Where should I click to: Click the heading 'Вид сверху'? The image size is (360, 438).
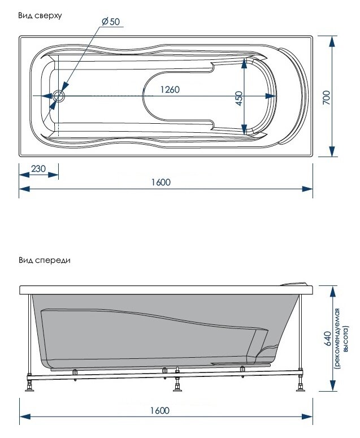[x=40, y=16]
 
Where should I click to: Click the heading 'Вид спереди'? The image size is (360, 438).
[x=45, y=261]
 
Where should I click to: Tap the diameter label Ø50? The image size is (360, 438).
[x=110, y=21]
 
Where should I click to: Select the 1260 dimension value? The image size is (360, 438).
[x=170, y=89]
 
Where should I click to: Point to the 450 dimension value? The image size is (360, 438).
[x=239, y=98]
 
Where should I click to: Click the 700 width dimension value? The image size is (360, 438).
[x=326, y=97]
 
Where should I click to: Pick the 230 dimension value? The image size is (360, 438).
[x=38, y=169]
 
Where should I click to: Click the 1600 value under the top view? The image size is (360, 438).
[x=161, y=182]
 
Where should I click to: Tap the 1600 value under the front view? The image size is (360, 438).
[x=160, y=410]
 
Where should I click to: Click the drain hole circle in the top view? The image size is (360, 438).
[x=59, y=96]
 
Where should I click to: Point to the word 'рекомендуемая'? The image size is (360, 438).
[x=337, y=339]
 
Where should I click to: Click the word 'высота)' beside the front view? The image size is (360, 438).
[x=346, y=339]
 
